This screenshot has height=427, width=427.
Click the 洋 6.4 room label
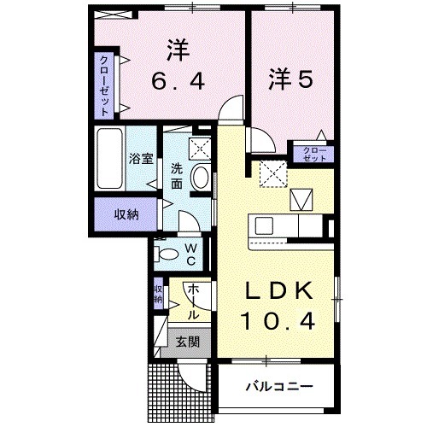pyautogui.click(x=178, y=66)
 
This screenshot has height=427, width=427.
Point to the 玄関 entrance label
pyautogui.click(x=188, y=342)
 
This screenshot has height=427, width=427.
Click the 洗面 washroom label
pyautogui.click(x=177, y=175)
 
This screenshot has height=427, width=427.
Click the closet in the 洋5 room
pyautogui.click(x=314, y=155)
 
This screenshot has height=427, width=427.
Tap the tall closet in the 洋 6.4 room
pyautogui.click(x=105, y=85)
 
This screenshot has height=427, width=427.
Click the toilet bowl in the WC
pyautogui.click(x=168, y=252)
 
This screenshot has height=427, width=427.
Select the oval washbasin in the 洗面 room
pyautogui.click(x=200, y=178)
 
